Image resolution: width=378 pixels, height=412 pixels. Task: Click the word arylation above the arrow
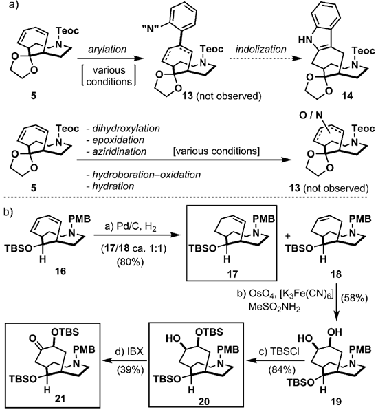[x=107, y=50]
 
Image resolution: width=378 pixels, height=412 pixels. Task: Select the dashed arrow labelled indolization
[x=266, y=59]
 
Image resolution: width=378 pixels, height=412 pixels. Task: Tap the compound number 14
[x=347, y=96]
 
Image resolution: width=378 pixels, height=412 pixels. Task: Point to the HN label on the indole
[x=305, y=40]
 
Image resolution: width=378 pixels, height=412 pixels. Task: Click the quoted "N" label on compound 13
[x=150, y=29]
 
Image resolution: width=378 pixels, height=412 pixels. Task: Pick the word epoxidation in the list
[x=118, y=140]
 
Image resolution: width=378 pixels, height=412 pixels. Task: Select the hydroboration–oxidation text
[x=146, y=175]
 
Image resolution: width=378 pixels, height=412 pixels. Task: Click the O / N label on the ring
[x=311, y=115]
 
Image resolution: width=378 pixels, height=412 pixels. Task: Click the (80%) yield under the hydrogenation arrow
[x=131, y=262]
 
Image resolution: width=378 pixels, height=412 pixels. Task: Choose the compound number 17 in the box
[x=232, y=274]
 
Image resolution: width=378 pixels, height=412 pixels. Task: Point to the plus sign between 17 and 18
[x=288, y=236]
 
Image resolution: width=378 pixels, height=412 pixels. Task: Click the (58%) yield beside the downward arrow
[x=354, y=299]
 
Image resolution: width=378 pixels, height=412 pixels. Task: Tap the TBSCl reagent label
[x=279, y=351]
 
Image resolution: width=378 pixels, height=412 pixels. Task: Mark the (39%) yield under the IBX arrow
[x=131, y=370]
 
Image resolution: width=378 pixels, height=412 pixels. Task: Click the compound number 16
[x=60, y=271]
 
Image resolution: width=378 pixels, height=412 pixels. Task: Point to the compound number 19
[x=336, y=402]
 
